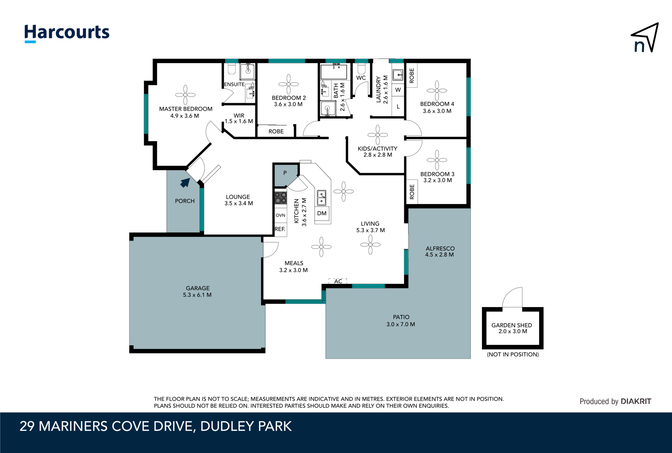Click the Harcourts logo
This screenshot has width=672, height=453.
pos(67,33)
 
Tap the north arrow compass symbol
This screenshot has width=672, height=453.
pos(645,38)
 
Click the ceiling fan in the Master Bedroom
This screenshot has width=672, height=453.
pos(185,95)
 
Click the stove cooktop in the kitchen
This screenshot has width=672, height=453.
pos(281,198)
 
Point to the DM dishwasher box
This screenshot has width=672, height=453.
pos(322,213)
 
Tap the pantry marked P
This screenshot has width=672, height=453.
pos(285,173)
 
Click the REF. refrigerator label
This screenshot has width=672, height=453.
pos(280,229)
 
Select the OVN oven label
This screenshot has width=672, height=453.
pos(280,215)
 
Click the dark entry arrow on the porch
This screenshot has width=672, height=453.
pos(185,183)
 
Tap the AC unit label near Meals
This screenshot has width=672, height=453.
pos(338,281)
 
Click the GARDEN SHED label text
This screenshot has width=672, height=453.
pos(512,325)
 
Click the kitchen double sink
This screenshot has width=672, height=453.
pos(322,198)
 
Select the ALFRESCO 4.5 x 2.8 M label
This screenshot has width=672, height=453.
pos(440,251)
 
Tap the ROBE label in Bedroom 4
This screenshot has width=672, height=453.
pos(412,75)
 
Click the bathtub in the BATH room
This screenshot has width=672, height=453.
pos(333,72)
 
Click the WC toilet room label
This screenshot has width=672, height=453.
pos(361,78)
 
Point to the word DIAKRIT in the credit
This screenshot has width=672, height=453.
pos(636,401)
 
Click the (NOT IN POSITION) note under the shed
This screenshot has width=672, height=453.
pos(513,354)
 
